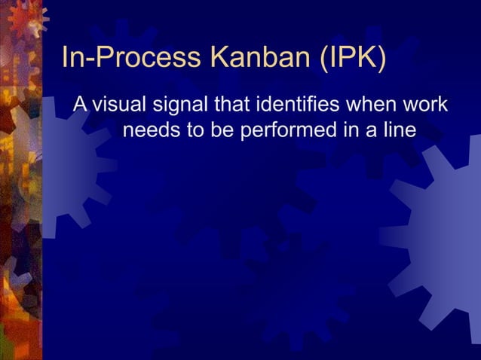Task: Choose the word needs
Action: click(x=151, y=130)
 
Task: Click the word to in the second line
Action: click(x=195, y=130)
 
